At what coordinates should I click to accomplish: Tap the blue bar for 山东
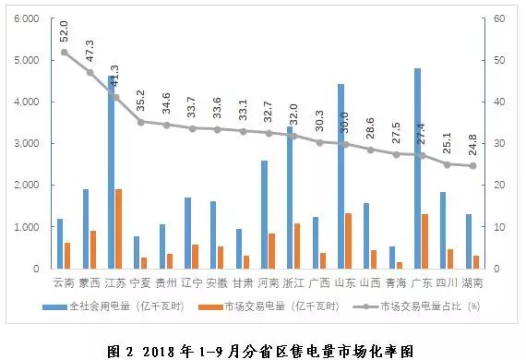click(341, 176)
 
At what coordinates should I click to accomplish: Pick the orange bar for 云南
click(68, 256)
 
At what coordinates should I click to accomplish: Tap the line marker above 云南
click(64, 52)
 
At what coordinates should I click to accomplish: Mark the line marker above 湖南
click(472, 166)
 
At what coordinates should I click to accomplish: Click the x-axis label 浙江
click(293, 282)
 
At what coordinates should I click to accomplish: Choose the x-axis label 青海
click(396, 282)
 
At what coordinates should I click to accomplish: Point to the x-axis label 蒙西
click(90, 282)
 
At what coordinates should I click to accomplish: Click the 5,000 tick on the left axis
click(27, 60)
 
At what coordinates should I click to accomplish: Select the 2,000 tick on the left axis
click(27, 186)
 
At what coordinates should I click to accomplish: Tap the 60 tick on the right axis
click(496, 18)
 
